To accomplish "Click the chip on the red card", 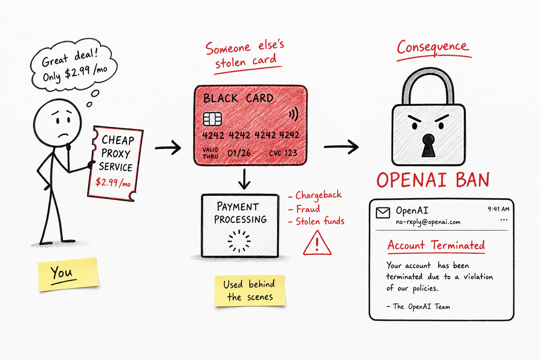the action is click(212, 119).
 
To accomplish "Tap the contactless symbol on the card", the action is click(294, 114).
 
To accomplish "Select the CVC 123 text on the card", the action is click(283, 153).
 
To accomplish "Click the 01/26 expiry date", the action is click(239, 153).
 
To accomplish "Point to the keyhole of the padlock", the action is click(429, 146).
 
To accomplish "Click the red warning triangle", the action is click(317, 243).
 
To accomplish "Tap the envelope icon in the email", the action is click(383, 213).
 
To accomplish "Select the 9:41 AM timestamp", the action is click(498, 209).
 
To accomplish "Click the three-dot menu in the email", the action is click(504, 220).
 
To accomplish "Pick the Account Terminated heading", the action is click(436, 245).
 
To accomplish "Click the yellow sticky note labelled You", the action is click(68, 274).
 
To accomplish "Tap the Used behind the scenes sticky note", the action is click(250, 290).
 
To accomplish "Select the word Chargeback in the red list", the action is click(319, 195).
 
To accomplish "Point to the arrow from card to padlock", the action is click(341, 146).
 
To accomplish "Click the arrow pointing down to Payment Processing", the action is click(244, 179).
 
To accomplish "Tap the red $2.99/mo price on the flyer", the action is click(113, 182).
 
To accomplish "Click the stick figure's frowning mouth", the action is click(63, 135).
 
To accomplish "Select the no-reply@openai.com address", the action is click(428, 222).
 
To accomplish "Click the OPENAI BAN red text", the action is click(433, 180).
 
